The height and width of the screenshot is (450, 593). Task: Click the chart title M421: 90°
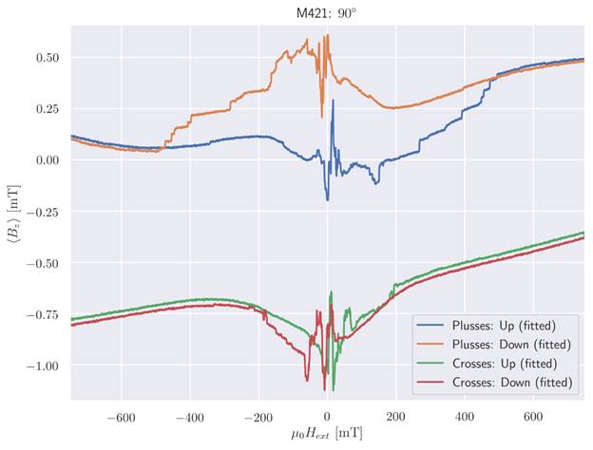pos(327,11)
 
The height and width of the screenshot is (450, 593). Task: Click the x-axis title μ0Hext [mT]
pos(327,435)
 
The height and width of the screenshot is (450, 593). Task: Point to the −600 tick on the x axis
pos(121,415)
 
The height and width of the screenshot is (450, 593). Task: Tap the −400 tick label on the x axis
pos(189,415)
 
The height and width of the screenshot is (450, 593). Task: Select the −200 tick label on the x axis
pos(258,415)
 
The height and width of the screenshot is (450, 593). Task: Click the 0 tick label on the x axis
pos(327,415)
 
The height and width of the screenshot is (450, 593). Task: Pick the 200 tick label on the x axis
pos(395,415)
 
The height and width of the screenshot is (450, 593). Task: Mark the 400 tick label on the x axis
pos(464,415)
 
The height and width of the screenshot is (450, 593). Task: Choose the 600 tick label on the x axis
pos(533,415)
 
